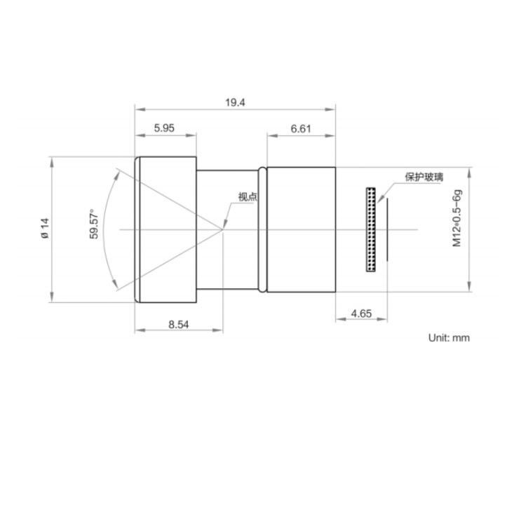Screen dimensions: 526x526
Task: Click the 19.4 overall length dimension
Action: [x=235, y=102]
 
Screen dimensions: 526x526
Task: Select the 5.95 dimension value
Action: [x=164, y=128]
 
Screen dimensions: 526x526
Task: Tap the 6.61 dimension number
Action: [x=301, y=129]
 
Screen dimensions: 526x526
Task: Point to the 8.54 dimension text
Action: [x=178, y=325]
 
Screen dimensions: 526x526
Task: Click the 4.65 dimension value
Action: [x=361, y=313]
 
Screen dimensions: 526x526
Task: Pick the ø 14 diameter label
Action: [x=45, y=229]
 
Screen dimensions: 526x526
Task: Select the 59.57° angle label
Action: [x=94, y=224]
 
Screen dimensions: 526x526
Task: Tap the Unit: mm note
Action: [x=449, y=337]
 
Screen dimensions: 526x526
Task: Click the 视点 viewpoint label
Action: [x=248, y=196]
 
